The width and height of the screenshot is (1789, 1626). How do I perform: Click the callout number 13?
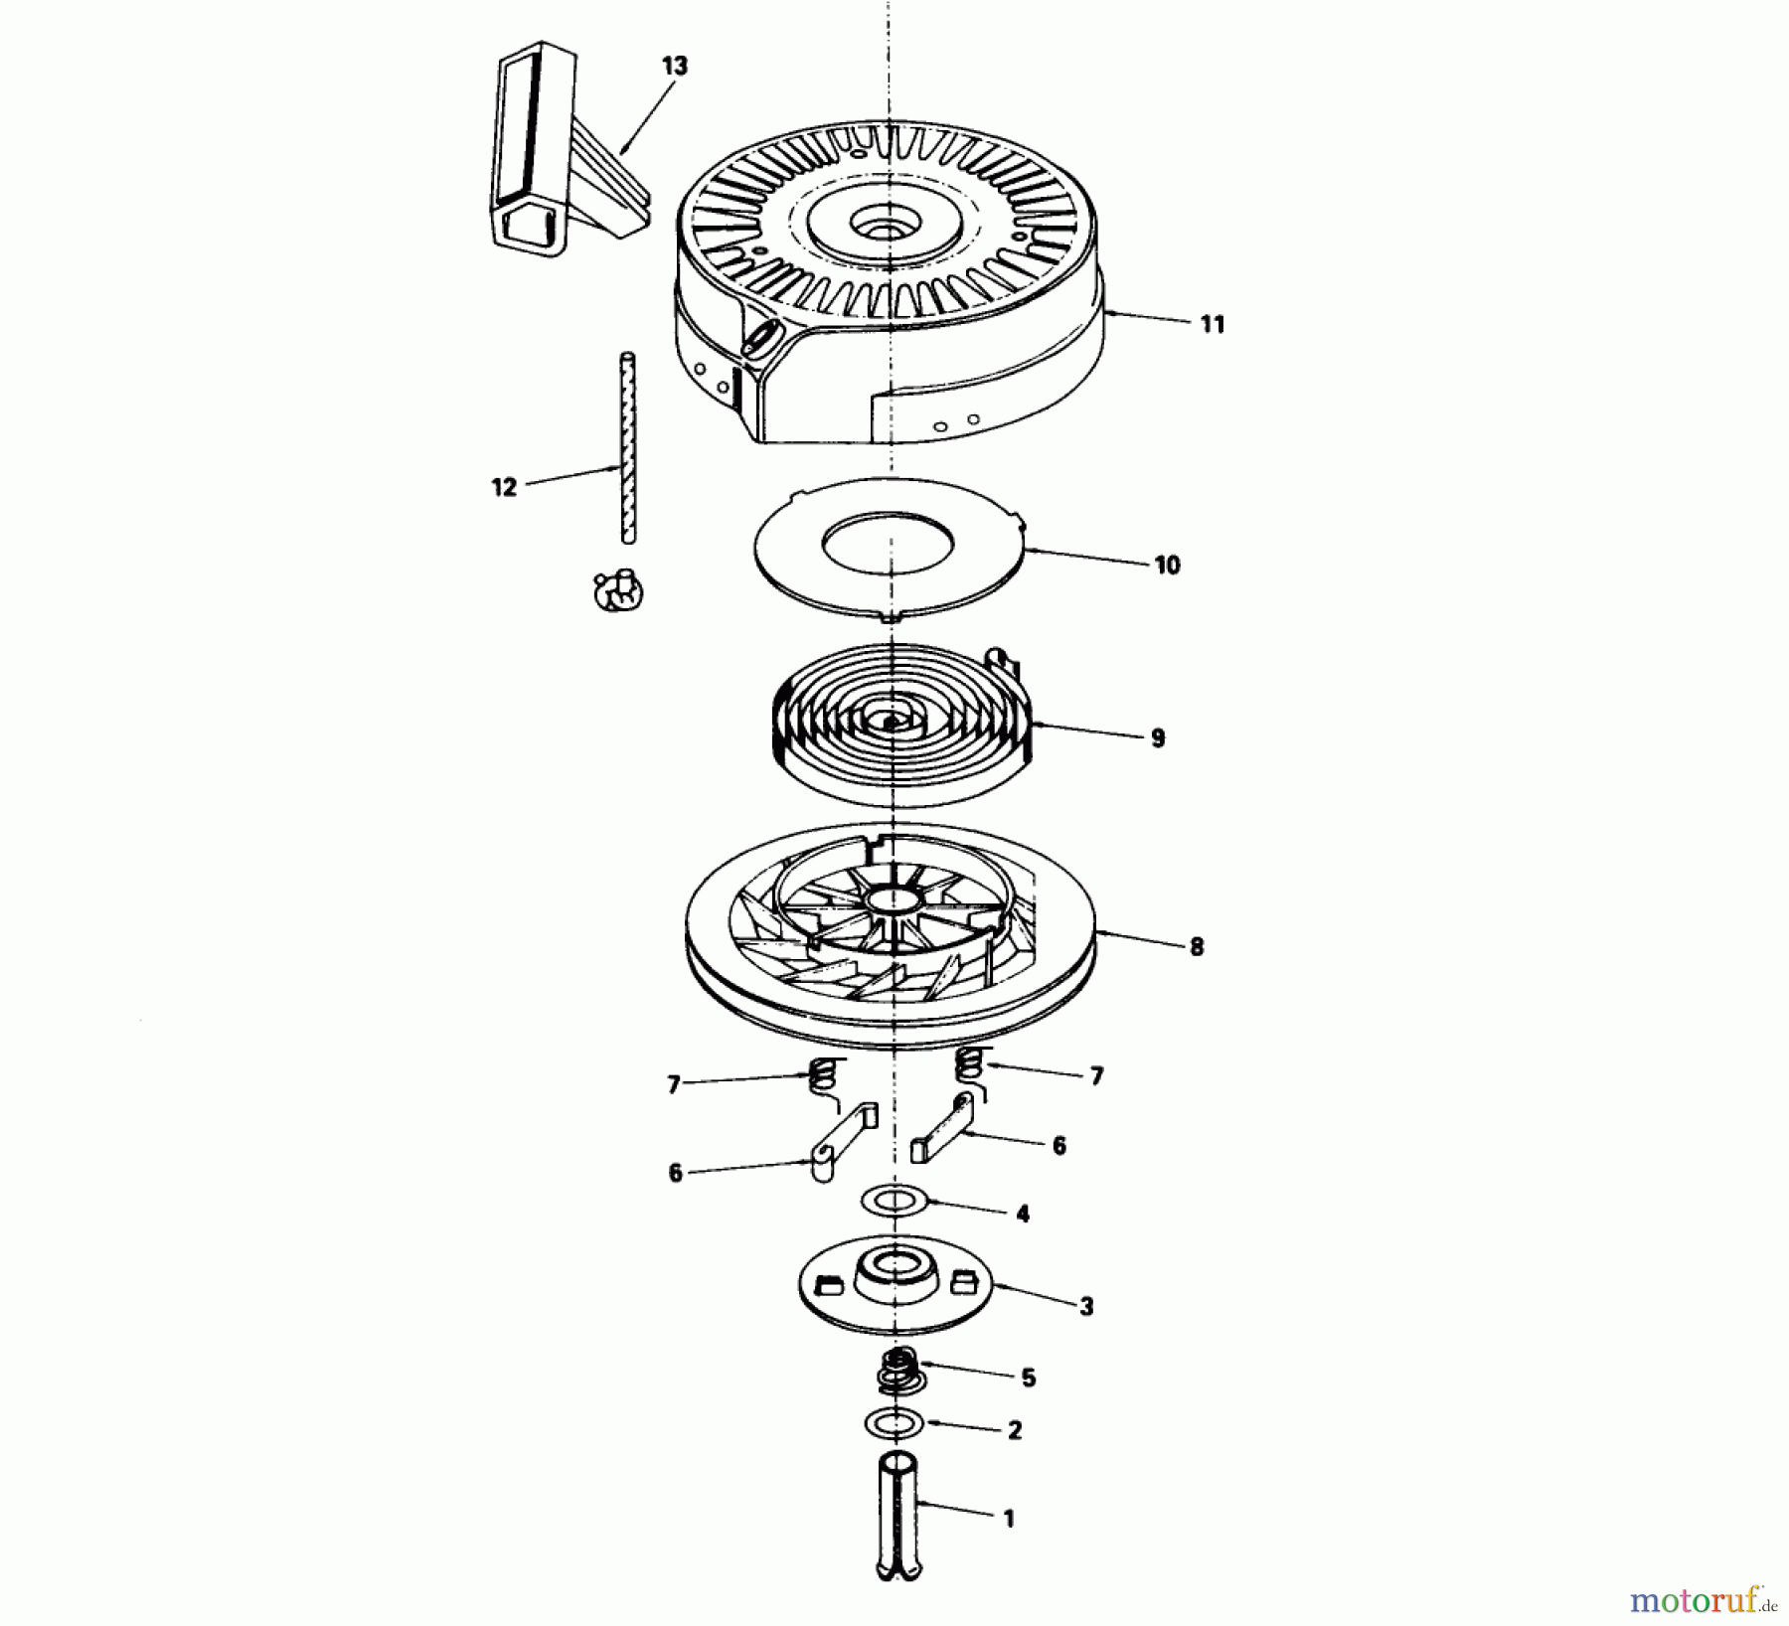[674, 67]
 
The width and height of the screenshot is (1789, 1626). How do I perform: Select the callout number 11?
[1212, 324]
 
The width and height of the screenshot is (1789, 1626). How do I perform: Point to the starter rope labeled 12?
[628, 447]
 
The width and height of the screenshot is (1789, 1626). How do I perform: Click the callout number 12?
[504, 487]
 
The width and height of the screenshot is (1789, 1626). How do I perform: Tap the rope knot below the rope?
[618, 591]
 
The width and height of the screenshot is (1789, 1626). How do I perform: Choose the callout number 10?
[1167, 565]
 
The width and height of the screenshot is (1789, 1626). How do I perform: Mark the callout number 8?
[1196, 946]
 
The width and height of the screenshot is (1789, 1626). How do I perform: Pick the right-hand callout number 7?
[1096, 1076]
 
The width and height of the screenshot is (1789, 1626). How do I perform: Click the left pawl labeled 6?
[838, 1143]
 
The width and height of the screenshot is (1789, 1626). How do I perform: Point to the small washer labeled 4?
[894, 1201]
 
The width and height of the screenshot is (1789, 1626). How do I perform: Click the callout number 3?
[1085, 1307]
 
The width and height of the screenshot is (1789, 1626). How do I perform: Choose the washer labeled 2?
[894, 1423]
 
